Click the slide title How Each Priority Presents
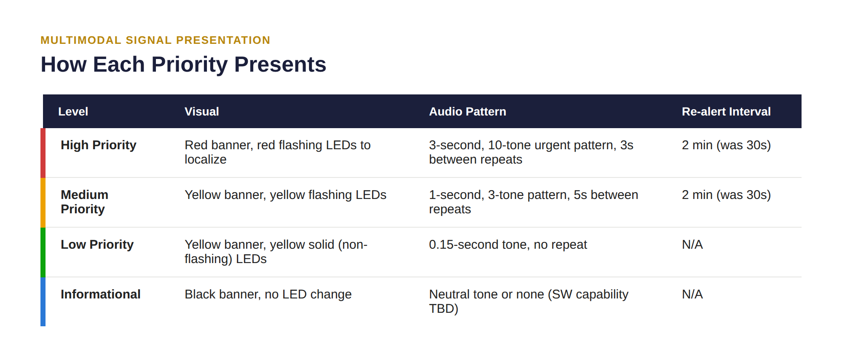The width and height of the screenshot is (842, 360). coord(183,64)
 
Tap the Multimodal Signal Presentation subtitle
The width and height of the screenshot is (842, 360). coord(155,40)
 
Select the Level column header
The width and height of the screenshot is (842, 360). coord(73,111)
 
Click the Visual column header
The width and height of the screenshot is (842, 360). coord(201,111)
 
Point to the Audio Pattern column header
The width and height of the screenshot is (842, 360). coord(467,111)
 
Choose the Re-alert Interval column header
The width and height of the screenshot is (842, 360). coord(726,111)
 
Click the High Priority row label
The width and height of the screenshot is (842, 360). coord(99,145)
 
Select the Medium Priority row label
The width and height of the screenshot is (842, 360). coord(84,202)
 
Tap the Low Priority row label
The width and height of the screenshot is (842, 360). coord(97,244)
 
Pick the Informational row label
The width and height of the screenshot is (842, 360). coord(100,294)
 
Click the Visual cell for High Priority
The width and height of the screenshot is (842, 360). coord(277,152)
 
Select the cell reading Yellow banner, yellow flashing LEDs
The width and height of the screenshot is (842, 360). coord(285,195)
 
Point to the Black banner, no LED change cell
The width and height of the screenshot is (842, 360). coord(268,294)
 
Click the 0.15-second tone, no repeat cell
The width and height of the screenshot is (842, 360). coord(508,244)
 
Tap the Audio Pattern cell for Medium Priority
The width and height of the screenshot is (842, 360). coord(534,202)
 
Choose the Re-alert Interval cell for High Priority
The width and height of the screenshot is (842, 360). coord(726,145)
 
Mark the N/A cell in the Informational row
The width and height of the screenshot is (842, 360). coord(692,294)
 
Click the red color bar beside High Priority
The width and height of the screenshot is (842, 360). coord(43,153)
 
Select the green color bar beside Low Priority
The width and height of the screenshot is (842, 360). coord(43,253)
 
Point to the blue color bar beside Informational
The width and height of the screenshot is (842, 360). coord(43,302)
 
